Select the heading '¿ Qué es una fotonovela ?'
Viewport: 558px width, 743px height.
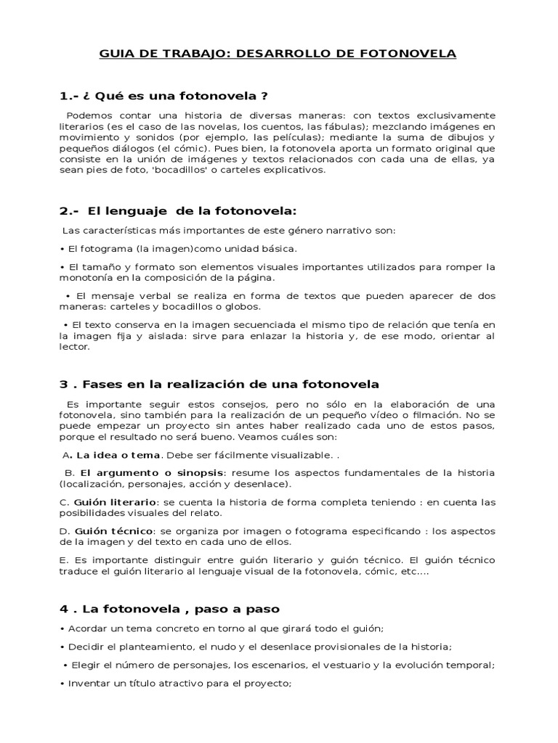tap(175, 97)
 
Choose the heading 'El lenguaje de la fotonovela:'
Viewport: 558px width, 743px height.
tap(193, 211)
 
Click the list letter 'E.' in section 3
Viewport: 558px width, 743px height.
tap(64, 560)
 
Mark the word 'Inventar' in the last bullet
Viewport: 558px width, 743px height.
tap(90, 683)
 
